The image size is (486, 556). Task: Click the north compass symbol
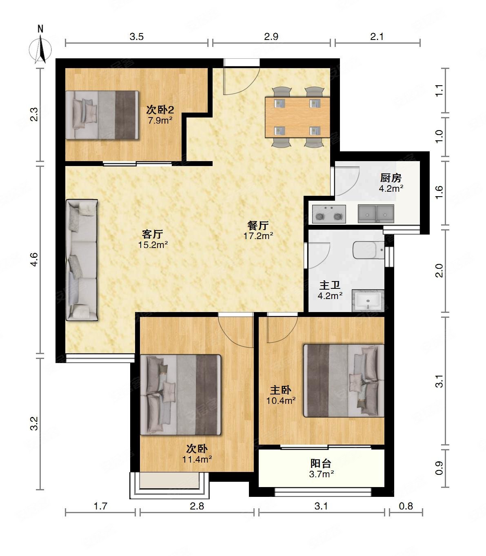point(40,46)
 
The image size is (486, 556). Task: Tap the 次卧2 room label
point(160,109)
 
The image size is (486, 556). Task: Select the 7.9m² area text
point(160,120)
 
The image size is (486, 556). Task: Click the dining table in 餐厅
point(297,117)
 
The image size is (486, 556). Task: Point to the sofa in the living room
point(82,260)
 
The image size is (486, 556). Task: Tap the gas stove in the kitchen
point(329,214)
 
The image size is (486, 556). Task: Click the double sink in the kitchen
point(376,214)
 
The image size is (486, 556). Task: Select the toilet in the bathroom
point(368,250)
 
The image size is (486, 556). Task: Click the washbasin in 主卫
point(368,301)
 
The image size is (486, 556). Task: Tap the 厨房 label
point(391,178)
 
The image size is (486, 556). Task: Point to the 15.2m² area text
point(153,245)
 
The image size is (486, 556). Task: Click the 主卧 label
point(280,390)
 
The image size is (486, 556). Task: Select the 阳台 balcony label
point(321,463)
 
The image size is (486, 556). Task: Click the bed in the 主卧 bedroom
point(344,381)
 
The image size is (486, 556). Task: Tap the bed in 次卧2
point(102,115)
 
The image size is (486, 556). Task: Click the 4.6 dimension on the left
point(35,259)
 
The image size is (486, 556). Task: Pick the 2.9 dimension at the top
point(271,37)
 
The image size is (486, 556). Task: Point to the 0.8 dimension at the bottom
point(406,506)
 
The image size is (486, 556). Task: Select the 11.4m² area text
point(197,460)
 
